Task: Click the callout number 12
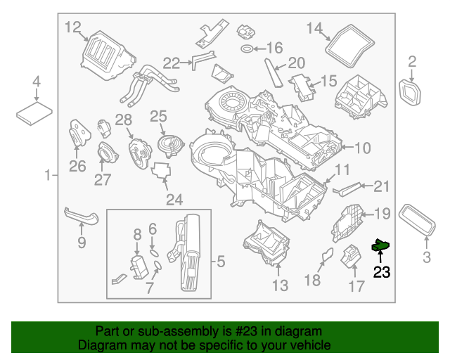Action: coord(73,27)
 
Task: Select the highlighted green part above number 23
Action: coord(381,245)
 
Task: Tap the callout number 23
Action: coord(381,272)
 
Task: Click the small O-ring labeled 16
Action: coord(247,49)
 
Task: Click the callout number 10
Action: coord(362,148)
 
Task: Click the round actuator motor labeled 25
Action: coord(169,145)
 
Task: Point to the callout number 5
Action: coord(220,263)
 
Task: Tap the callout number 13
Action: coord(279,285)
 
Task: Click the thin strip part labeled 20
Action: coord(271,72)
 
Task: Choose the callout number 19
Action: coord(381,214)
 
